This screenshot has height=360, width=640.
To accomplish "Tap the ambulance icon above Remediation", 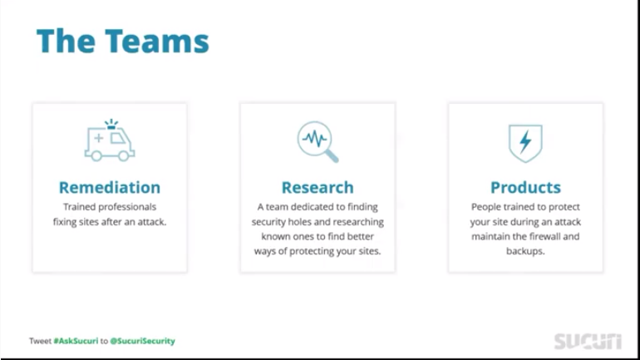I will (x=109, y=142).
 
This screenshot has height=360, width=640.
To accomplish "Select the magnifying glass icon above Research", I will (x=318, y=141).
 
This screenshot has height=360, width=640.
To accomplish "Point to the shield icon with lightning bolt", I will (x=525, y=142).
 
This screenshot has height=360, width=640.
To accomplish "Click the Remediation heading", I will (x=110, y=187).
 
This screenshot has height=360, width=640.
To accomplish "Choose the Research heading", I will (x=318, y=187).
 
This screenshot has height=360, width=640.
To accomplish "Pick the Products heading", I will (x=525, y=187).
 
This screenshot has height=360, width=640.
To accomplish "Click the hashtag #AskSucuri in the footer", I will (x=76, y=341).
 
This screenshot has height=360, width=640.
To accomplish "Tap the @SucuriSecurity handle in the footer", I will (x=143, y=341).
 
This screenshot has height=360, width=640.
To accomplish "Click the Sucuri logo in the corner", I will (x=588, y=341).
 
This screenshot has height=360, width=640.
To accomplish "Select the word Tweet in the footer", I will (x=40, y=341).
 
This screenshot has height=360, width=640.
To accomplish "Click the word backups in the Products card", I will (x=525, y=251).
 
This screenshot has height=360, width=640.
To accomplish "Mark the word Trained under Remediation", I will (x=79, y=207).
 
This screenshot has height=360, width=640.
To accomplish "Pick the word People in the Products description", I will (x=486, y=207).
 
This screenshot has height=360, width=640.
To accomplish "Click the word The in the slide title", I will (x=63, y=41).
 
